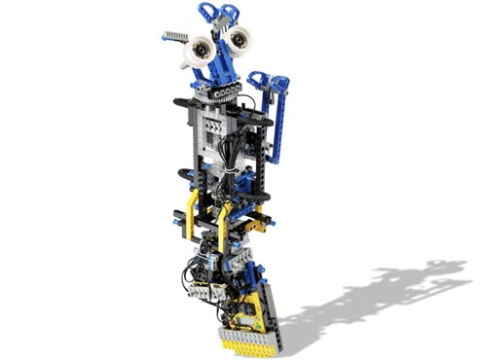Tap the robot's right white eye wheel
pos(238,41)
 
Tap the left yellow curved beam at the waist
pos(192,212)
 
